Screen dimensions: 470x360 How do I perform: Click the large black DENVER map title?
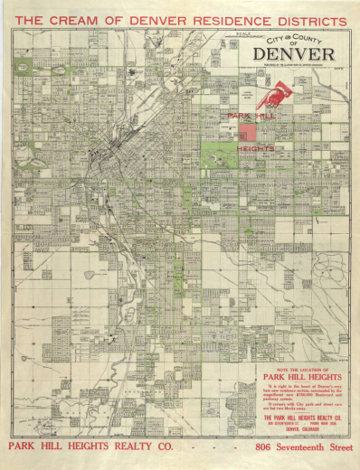298,54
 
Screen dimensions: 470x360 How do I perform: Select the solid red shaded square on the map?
247,133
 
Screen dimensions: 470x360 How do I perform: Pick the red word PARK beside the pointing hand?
238,117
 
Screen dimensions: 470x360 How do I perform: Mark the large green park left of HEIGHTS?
217,154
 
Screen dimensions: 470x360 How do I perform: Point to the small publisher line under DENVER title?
298,66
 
